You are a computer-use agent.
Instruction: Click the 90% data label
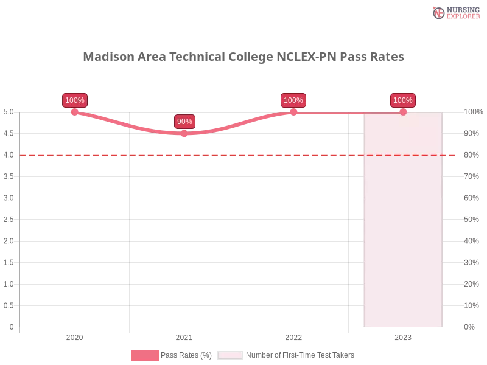pyautogui.click(x=184, y=122)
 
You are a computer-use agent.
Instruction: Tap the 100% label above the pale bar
pyautogui.click(x=403, y=100)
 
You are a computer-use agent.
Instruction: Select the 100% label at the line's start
pyautogui.click(x=75, y=100)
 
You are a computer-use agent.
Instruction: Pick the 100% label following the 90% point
pyautogui.click(x=293, y=100)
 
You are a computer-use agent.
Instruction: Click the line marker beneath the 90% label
pyautogui.click(x=184, y=134)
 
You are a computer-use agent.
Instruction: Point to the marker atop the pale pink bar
pyautogui.click(x=403, y=112)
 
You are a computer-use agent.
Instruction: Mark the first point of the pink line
pyautogui.click(x=75, y=111)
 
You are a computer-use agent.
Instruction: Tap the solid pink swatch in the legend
pyautogui.click(x=144, y=355)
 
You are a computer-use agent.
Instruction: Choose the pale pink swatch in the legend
pyautogui.click(x=230, y=355)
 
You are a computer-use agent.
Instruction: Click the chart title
pyautogui.click(x=243, y=57)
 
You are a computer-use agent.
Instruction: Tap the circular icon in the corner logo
pyautogui.click(x=439, y=13)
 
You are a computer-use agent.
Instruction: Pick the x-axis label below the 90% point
pyautogui.click(x=184, y=336)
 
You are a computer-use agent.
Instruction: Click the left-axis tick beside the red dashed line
pyautogui.click(x=8, y=155)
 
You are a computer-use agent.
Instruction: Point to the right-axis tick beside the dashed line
pyautogui.click(x=472, y=155)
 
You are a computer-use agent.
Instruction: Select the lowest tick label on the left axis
pyautogui.click(x=12, y=327)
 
